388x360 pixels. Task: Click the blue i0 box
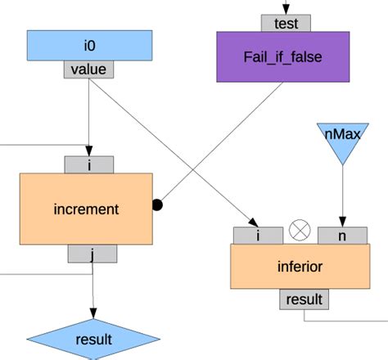tap(89, 45)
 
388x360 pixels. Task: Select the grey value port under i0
tap(88, 70)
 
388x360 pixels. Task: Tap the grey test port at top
tap(286, 23)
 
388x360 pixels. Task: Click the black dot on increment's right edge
tap(157, 205)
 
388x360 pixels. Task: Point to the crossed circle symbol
tap(300, 232)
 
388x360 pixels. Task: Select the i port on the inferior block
tap(259, 235)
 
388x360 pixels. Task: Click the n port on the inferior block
tap(342, 235)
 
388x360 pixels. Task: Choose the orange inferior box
tap(300, 267)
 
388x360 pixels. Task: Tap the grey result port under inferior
tap(305, 299)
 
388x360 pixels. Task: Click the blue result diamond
tap(92, 340)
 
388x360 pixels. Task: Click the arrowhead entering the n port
tap(343, 220)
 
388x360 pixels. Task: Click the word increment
tap(86, 209)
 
